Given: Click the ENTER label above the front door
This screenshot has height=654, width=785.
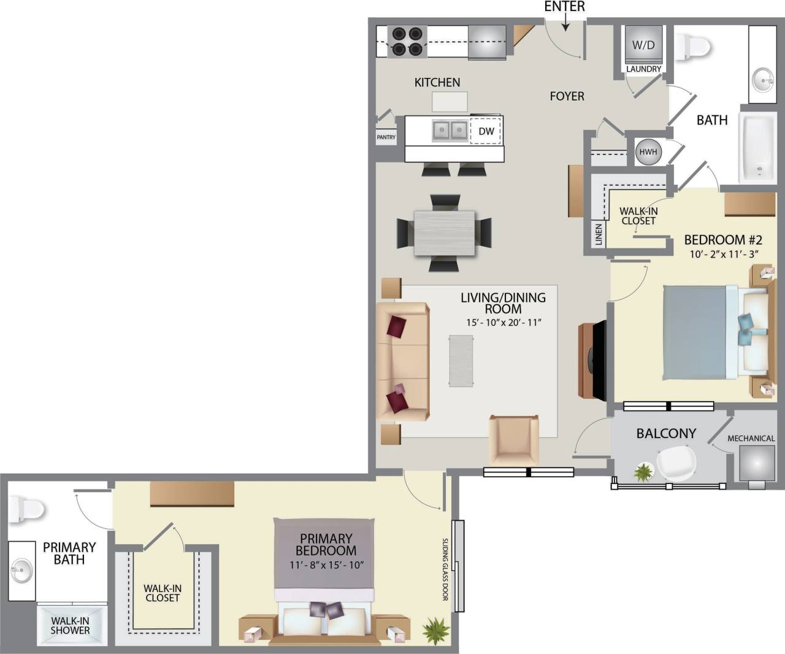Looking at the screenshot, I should click(564, 7).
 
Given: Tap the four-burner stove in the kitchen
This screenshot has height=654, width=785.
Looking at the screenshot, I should click(407, 42).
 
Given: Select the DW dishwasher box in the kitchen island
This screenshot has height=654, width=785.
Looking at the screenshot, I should click(486, 131).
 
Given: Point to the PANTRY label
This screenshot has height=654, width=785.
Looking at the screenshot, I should click(386, 137).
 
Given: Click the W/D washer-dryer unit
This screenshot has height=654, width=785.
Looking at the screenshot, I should click(643, 45).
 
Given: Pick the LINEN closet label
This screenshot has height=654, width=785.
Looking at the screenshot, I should click(599, 234).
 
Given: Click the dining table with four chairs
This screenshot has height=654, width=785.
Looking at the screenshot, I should click(445, 233).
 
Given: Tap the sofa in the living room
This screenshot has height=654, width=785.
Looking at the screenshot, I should click(402, 362).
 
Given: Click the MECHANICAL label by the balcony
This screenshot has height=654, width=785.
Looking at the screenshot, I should click(751, 438).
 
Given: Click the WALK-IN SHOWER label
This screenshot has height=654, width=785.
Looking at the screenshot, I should click(70, 625).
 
